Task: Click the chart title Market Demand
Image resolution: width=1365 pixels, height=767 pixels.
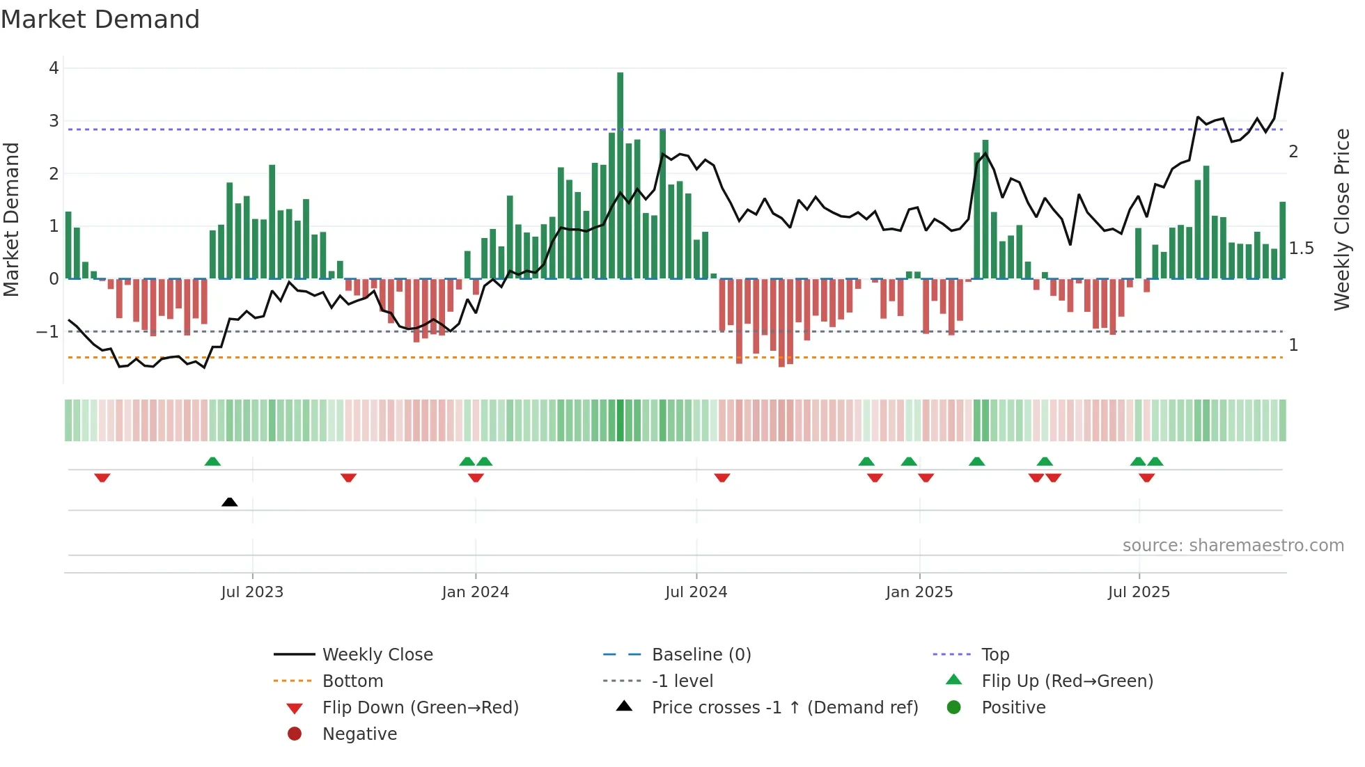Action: (x=100, y=19)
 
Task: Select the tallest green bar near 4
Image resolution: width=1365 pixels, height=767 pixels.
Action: (x=620, y=174)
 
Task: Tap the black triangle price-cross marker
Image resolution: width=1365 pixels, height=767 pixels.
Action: (x=229, y=502)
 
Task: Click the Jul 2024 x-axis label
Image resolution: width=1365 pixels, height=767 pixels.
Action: (x=696, y=592)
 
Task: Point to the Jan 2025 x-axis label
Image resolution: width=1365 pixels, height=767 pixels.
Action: (x=919, y=592)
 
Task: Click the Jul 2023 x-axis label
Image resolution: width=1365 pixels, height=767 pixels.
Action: (x=252, y=592)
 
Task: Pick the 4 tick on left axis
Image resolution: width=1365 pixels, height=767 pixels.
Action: (x=54, y=68)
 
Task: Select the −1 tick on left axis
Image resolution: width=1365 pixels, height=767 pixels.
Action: (x=48, y=332)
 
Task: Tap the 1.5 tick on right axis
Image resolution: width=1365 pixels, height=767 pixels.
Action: (x=1300, y=248)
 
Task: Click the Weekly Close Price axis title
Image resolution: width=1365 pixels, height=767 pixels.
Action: (x=1341, y=219)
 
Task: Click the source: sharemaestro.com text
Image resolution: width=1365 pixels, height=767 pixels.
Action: (x=1233, y=546)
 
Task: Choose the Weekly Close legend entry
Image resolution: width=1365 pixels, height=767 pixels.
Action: (x=377, y=655)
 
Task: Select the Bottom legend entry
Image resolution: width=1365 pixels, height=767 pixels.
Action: (x=352, y=681)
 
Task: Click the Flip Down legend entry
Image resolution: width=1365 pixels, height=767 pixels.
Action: (x=420, y=708)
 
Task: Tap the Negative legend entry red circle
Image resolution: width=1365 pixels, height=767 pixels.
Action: (x=295, y=734)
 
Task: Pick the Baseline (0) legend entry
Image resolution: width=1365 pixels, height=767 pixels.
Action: (x=701, y=655)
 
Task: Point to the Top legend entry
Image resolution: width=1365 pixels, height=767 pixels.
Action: (x=994, y=655)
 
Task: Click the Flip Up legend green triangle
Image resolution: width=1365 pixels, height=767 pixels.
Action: (x=954, y=680)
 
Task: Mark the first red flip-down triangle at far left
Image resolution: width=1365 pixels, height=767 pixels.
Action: (x=102, y=477)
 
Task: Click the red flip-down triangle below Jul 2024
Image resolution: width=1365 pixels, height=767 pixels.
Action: (x=722, y=477)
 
